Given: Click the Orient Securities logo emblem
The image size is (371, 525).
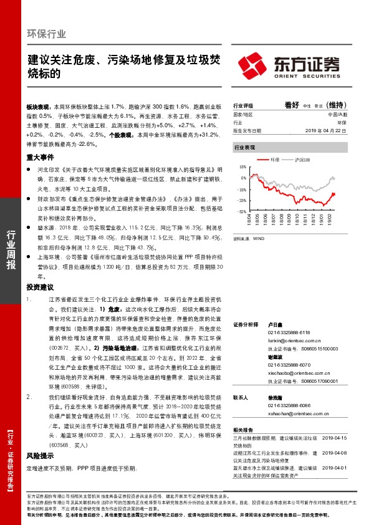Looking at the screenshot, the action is [254, 64].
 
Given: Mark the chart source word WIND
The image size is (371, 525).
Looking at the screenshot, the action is [256, 238].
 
